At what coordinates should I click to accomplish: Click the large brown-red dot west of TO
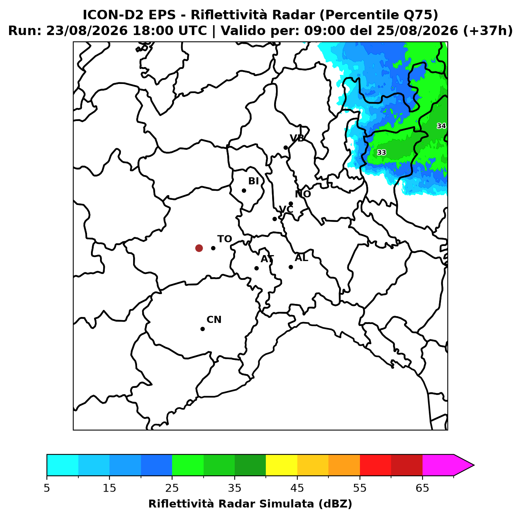pyautogui.click(x=199, y=248)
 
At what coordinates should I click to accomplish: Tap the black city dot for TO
pyautogui.click(x=213, y=248)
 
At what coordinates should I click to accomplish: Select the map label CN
pyautogui.click(x=214, y=320)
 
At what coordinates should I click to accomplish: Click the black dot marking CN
pyautogui.click(x=202, y=329)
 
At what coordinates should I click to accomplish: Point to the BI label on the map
pyautogui.click(x=254, y=181)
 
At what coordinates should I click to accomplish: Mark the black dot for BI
pyautogui.click(x=244, y=191)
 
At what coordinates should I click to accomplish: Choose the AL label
pyautogui.click(x=301, y=258)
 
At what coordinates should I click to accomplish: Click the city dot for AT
pyautogui.click(x=256, y=268)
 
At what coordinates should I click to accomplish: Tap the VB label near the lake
pyautogui.click(x=297, y=138)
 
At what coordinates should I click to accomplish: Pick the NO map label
pyautogui.click(x=303, y=194)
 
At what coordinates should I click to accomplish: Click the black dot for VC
pyautogui.click(x=275, y=219)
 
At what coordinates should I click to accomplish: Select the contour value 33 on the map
pyautogui.click(x=382, y=153)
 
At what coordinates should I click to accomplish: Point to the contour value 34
pyautogui.click(x=441, y=126)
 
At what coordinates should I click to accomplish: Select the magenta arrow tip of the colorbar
pyautogui.click(x=474, y=465)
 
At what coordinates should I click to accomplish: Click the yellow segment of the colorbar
pyautogui.click(x=282, y=465)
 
